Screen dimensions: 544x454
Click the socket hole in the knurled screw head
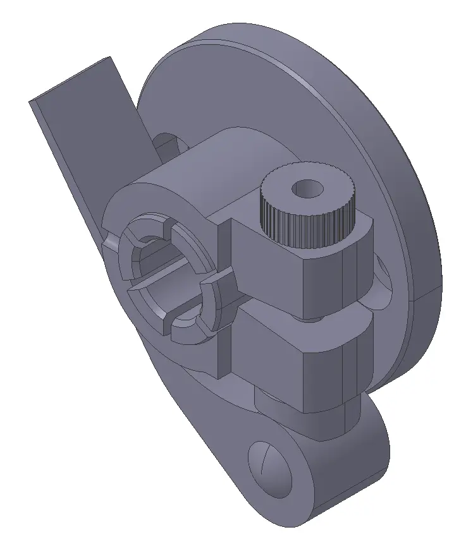click(x=308, y=188)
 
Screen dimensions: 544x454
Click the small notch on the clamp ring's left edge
click(x=109, y=243)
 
